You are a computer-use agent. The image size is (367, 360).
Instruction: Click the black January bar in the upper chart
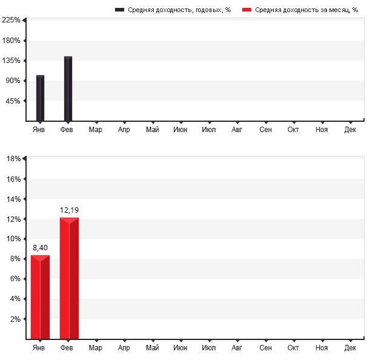point(40,98)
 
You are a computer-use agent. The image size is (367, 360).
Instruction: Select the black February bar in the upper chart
point(68,88)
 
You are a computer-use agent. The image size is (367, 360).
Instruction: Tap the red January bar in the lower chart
point(40,297)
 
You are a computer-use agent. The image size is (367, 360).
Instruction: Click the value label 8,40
point(40,247)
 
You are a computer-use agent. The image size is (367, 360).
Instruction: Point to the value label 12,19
point(69,210)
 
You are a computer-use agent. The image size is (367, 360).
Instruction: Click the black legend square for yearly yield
point(119,10)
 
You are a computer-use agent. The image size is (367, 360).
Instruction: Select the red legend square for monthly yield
point(246,10)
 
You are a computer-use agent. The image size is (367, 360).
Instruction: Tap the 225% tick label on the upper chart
point(12,20)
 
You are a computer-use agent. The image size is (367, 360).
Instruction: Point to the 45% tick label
point(13,101)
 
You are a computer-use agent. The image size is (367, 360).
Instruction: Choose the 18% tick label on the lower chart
point(13,159)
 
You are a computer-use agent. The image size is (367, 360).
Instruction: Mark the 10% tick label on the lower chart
point(13,239)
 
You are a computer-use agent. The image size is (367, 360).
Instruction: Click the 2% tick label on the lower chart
point(15,319)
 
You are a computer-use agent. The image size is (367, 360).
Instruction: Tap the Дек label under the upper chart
point(350,129)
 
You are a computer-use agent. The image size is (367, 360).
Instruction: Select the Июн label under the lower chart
point(180,348)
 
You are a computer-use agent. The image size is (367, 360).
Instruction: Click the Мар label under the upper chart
point(95,129)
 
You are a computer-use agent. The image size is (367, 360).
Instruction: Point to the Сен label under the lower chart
point(265,348)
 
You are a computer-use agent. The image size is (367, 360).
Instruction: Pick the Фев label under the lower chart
point(67,348)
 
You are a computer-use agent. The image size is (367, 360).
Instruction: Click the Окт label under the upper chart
point(294,129)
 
